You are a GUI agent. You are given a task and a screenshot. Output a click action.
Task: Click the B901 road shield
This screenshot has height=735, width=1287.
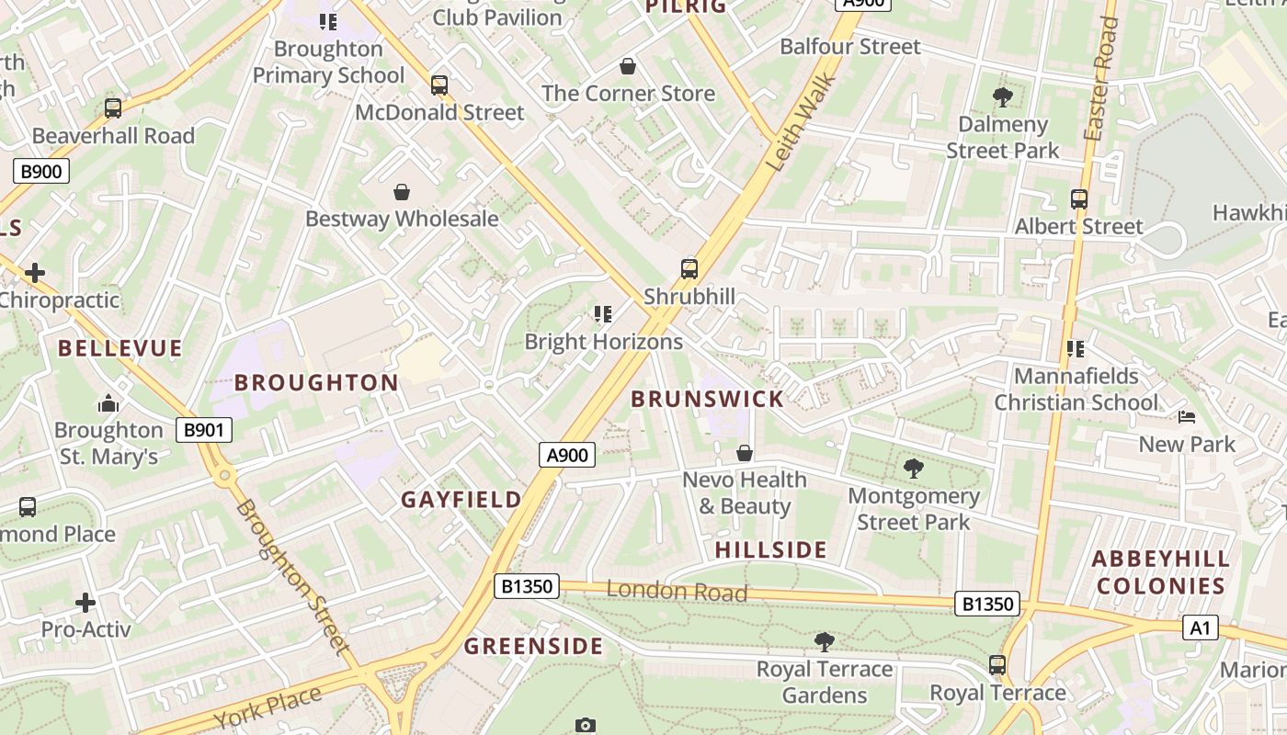tap(204, 429)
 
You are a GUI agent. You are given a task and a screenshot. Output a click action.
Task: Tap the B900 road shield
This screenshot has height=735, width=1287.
tap(41, 170)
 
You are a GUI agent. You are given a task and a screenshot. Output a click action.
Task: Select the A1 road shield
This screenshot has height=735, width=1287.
tap(1200, 628)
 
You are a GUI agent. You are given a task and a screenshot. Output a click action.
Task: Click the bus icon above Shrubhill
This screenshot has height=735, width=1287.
tap(689, 269)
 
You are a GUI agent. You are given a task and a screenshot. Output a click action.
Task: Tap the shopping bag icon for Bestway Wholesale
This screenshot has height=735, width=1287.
tap(402, 192)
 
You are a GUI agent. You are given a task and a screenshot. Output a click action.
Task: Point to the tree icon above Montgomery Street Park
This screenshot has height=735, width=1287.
tap(913, 469)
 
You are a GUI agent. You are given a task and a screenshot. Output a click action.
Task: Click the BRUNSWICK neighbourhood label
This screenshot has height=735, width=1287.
tap(707, 399)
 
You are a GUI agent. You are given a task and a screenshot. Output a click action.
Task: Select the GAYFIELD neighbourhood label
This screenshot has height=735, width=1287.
tap(461, 500)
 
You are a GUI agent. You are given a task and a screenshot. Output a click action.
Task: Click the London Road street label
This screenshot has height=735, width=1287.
tap(677, 591)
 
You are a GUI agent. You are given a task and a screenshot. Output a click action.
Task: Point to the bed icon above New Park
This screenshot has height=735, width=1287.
tap(1187, 417)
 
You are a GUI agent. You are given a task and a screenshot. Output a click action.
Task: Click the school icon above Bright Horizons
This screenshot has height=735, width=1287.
tap(603, 315)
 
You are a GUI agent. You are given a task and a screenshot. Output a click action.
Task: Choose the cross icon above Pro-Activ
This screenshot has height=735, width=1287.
tap(85, 603)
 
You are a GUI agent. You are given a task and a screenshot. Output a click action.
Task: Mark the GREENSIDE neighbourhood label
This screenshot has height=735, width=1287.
tap(533, 646)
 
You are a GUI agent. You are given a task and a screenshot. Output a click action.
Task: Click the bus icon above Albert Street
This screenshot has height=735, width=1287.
tap(1079, 199)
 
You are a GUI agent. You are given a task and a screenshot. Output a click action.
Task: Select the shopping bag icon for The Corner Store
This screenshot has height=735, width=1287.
tap(628, 66)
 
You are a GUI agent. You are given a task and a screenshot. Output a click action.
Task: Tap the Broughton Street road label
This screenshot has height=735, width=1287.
tap(292, 576)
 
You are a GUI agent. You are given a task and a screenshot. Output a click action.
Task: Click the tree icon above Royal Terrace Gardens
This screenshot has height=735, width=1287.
tap(825, 641)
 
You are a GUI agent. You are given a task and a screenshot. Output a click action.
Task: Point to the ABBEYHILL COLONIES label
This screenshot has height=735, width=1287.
tap(1160, 572)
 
